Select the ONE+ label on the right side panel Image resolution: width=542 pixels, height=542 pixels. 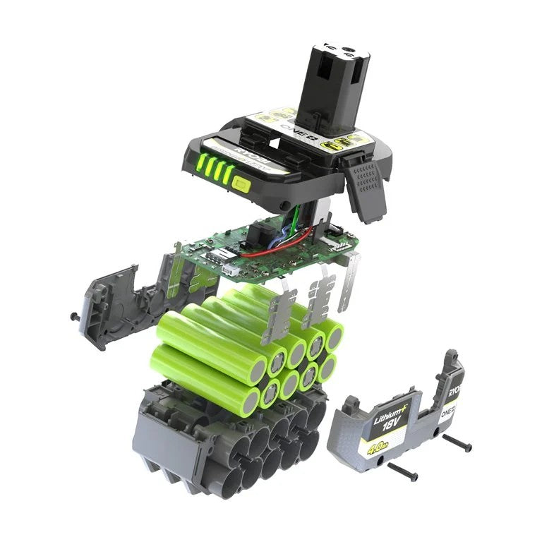[x=447, y=415]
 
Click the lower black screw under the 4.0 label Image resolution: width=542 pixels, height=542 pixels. [x=402, y=473]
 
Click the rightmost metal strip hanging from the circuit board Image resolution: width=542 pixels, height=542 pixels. [x=348, y=282]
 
